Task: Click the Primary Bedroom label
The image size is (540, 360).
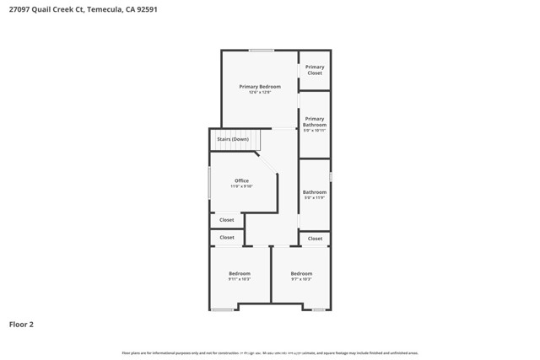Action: pyautogui.click(x=260, y=87)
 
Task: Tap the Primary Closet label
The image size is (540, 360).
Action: pyautogui.click(x=315, y=70)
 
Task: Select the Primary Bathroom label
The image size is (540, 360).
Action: pyautogui.click(x=315, y=125)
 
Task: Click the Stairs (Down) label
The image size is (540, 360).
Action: pyautogui.click(x=233, y=139)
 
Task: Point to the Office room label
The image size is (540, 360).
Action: pyautogui.click(x=241, y=181)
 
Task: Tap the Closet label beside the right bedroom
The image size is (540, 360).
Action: pyautogui.click(x=315, y=239)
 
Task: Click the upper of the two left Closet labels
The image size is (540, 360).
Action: pyautogui.click(x=227, y=220)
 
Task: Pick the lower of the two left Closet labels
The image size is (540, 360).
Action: pyautogui.click(x=227, y=238)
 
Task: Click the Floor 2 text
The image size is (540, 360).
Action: pyautogui.click(x=21, y=324)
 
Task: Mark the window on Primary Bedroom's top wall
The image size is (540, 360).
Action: pyautogui.click(x=261, y=51)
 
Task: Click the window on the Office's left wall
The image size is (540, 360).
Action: pyautogui.click(x=209, y=182)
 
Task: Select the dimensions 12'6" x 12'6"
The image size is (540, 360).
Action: pyautogui.click(x=260, y=92)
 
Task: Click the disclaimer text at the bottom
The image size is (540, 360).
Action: pyautogui.click(x=270, y=353)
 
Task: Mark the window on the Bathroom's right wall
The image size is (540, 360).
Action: pyautogui.click(x=331, y=177)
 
